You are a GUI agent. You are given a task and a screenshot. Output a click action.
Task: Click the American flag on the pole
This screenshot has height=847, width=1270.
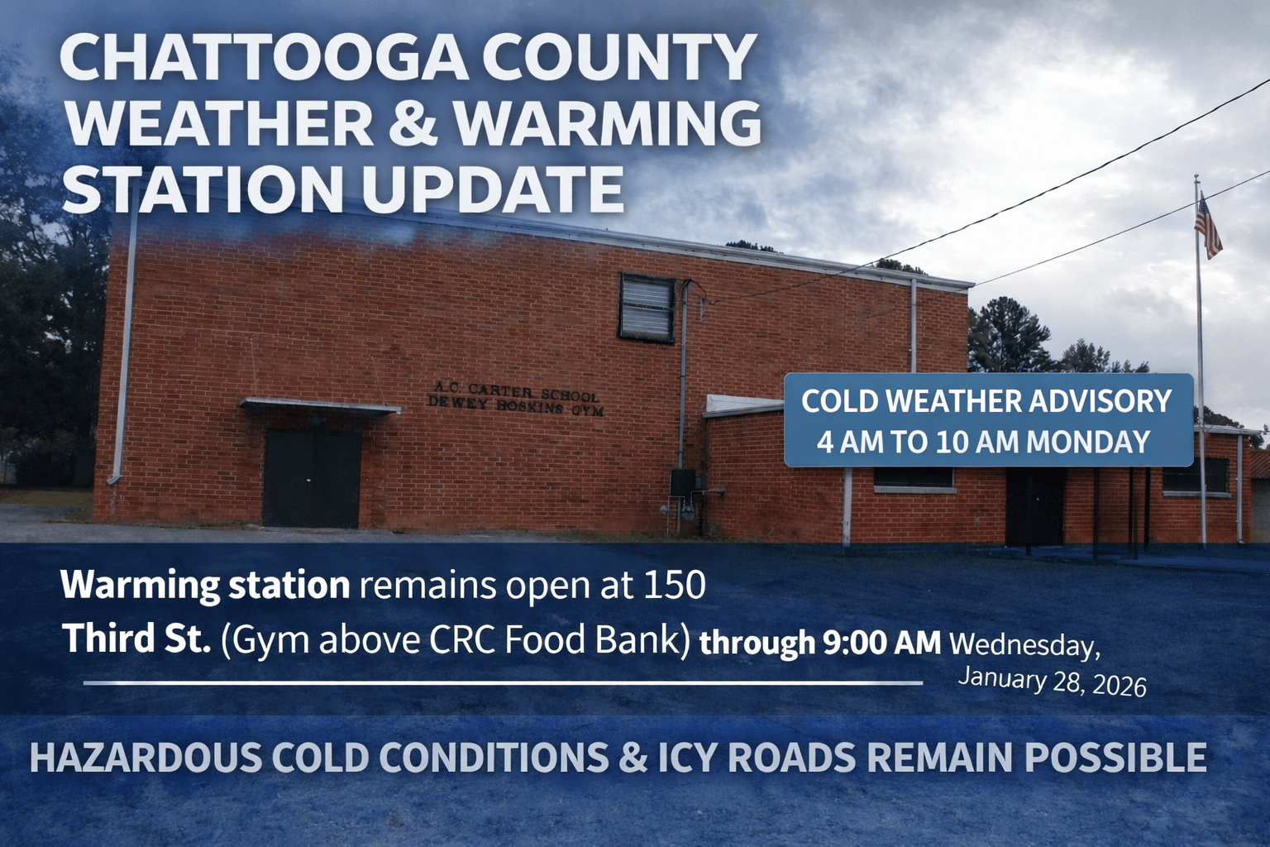1208,225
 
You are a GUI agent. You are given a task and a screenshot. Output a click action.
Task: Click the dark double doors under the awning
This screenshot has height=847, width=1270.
312,478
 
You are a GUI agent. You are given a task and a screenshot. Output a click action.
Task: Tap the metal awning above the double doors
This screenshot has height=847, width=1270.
320,406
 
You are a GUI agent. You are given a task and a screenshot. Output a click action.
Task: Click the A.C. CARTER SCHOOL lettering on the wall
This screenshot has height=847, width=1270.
517,391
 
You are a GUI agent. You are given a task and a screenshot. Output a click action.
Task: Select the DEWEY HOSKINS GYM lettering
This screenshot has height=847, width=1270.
515,406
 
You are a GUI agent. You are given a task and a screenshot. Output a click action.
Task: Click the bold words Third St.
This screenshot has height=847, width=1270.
138,639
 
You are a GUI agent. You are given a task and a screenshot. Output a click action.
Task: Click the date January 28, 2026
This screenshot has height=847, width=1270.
1053,682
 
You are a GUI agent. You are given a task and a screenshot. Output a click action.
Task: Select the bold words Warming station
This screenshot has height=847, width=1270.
205,586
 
